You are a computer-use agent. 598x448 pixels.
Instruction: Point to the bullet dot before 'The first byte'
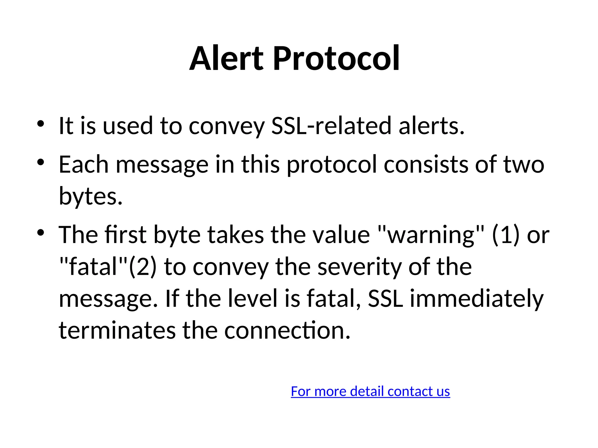[41, 232]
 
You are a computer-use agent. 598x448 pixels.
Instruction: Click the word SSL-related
[331, 126]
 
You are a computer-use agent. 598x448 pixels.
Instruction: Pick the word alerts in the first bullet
[431, 126]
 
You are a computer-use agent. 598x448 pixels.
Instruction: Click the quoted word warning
[431, 235]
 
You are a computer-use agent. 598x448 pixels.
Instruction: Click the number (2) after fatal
[143, 267]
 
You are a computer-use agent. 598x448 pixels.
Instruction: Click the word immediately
[477, 299]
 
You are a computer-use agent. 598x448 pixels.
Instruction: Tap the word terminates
[117, 330]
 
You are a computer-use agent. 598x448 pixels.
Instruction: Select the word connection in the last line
[287, 330]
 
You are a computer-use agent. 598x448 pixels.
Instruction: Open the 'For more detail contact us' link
[370, 391]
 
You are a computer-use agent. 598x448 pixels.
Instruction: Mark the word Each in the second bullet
[84, 164]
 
